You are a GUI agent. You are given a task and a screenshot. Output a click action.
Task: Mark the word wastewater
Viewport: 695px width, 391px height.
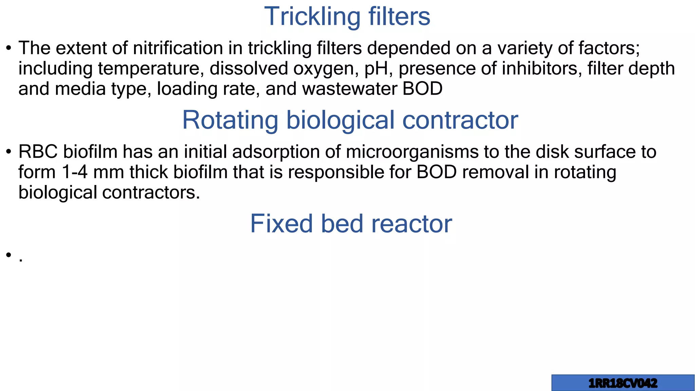point(350,89)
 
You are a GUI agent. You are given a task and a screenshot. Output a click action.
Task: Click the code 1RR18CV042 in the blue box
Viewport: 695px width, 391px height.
point(623,384)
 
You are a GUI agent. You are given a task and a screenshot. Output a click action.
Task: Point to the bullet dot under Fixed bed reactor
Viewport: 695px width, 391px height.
point(9,255)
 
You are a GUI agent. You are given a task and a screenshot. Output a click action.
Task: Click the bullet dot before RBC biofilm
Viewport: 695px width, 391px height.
point(9,152)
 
